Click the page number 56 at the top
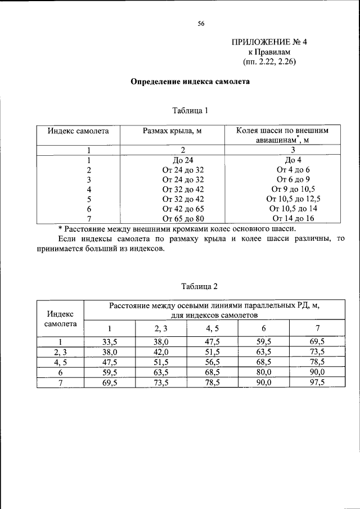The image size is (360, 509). pyautogui.click(x=201, y=24)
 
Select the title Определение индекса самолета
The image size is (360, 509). pyautogui.click(x=190, y=81)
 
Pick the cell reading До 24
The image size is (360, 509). pyautogui.click(x=182, y=160)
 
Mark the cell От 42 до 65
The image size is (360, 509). pyautogui.click(x=182, y=208)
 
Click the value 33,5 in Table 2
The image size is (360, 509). pyautogui.click(x=110, y=342)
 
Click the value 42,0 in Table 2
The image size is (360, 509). pyautogui.click(x=161, y=352)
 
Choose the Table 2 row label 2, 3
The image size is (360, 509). pyautogui.click(x=60, y=352)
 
